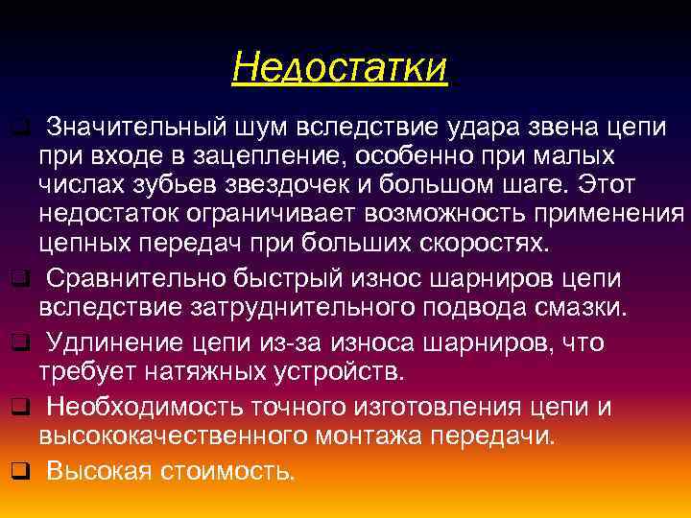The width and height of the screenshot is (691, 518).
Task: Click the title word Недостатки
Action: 340,68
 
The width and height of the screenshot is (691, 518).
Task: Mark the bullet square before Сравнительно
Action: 16,279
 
